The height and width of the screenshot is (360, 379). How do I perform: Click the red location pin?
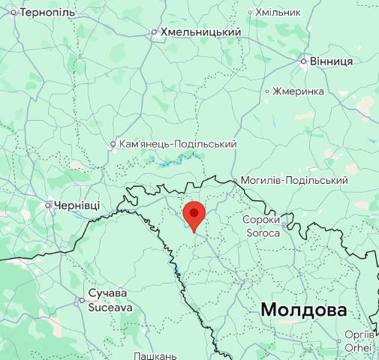coord(194,214)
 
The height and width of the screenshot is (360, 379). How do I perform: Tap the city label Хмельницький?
coord(200,32)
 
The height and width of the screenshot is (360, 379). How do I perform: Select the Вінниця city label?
coord(332,61)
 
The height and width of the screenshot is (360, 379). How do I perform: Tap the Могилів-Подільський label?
coord(294,181)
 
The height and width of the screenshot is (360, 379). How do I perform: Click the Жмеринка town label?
coord(300,91)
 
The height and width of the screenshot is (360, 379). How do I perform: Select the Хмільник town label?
coord(278,13)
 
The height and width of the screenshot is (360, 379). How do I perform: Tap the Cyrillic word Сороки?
coord(261,220)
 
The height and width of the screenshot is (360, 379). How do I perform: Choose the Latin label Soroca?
coord(261,233)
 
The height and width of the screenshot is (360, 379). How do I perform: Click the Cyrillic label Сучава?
coord(107,293)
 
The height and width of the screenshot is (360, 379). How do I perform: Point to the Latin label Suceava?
coord(110,307)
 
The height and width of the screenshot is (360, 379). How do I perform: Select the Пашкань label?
coord(155,355)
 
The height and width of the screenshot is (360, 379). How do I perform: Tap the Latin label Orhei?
coord(358,348)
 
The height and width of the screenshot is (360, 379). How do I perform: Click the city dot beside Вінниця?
coord(303,61)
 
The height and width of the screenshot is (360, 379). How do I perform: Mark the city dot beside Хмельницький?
coord(154,32)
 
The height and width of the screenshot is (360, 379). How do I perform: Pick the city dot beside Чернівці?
coord(49,205)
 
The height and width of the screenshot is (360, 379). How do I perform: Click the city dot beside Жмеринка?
coord(267,91)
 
